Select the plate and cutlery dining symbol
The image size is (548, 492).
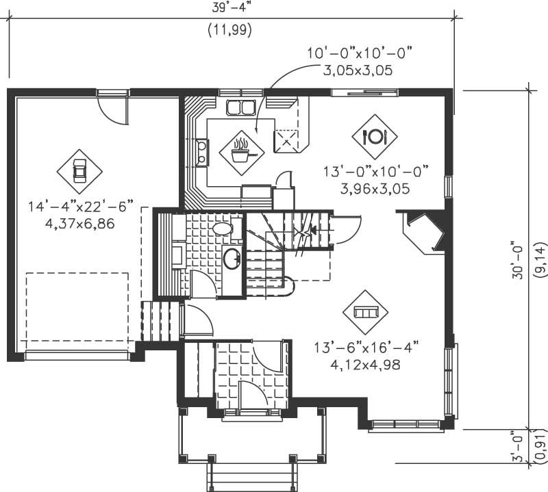[375, 136]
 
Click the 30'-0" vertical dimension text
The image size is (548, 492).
[519, 259]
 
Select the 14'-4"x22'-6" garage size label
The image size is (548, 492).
[80, 205]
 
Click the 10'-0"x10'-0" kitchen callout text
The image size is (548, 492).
[362, 53]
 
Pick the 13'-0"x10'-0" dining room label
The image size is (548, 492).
[376, 170]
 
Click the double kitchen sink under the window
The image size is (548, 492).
[240, 107]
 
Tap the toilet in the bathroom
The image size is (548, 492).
[222, 229]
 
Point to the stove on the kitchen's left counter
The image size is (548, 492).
[202, 152]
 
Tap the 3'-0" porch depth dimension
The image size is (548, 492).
[519, 446]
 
